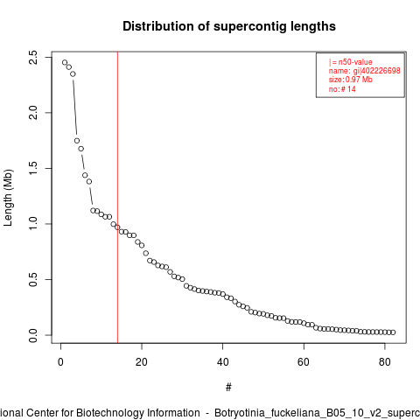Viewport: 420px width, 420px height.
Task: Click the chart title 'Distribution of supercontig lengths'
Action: coord(229,26)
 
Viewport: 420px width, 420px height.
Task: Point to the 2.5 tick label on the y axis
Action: coord(33,58)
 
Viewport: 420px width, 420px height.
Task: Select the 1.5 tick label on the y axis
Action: coord(33,168)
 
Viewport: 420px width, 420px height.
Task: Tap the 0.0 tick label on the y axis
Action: coord(33,335)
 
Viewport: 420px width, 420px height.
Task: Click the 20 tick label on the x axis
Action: coord(142,362)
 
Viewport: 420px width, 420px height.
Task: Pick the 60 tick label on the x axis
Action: coord(304,362)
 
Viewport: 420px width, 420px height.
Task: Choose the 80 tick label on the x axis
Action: coord(385,362)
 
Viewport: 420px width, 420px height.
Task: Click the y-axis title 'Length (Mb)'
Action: coord(9,198)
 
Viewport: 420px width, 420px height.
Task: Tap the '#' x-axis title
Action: coord(228,388)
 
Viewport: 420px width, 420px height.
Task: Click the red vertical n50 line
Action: coord(117,198)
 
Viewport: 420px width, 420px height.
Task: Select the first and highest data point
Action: coord(65,62)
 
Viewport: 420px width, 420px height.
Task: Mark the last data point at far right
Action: coord(393,332)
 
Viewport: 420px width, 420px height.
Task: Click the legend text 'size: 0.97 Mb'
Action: coord(351,80)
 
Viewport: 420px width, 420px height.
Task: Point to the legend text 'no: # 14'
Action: coord(342,88)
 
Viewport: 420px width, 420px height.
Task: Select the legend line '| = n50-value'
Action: coord(351,62)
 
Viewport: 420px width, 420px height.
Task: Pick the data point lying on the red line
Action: coord(117,227)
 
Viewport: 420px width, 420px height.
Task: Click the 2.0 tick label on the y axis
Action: coord(33,113)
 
